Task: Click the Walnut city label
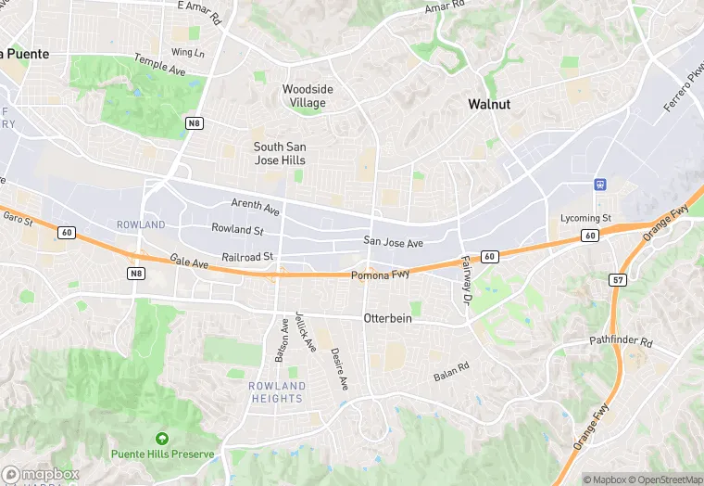(x=489, y=104)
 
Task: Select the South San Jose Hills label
(x=280, y=153)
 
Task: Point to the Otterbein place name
(x=386, y=318)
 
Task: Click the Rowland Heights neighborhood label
(x=277, y=391)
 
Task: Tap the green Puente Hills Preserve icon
(x=162, y=438)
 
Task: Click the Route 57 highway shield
(x=619, y=279)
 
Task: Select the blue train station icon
(x=600, y=185)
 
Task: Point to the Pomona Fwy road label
(x=380, y=275)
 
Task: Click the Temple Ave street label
(x=160, y=64)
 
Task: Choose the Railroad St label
(x=248, y=256)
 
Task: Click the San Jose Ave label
(x=393, y=242)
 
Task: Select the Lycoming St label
(x=586, y=218)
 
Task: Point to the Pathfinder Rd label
(x=622, y=341)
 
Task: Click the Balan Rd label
(x=451, y=371)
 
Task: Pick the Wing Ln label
(x=187, y=52)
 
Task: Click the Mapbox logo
(x=40, y=473)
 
